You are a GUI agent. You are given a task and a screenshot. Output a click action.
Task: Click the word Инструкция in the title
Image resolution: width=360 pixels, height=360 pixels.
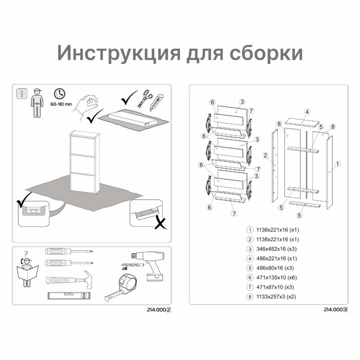(119, 53)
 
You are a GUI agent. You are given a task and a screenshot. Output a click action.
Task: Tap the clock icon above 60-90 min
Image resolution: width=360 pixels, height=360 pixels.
(60, 94)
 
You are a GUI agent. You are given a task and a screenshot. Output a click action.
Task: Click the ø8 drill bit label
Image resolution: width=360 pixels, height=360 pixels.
(125, 268)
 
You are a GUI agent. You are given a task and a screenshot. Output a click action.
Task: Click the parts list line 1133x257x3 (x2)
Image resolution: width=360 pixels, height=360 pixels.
(276, 296)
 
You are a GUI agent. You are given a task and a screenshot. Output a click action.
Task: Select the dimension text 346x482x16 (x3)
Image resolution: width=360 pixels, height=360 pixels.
(276, 249)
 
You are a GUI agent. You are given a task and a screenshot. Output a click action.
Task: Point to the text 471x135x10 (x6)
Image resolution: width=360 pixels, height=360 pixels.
(276, 277)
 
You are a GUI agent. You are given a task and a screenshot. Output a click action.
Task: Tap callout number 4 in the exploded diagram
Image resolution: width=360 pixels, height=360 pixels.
(307, 112)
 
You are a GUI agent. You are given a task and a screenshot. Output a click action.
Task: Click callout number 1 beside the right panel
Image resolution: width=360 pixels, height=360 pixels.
(337, 164)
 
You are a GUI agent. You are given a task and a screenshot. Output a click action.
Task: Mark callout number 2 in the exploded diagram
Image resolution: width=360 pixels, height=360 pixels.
(266, 155)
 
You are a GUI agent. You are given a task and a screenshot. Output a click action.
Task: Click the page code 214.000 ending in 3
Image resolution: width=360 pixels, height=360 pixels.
(335, 309)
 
